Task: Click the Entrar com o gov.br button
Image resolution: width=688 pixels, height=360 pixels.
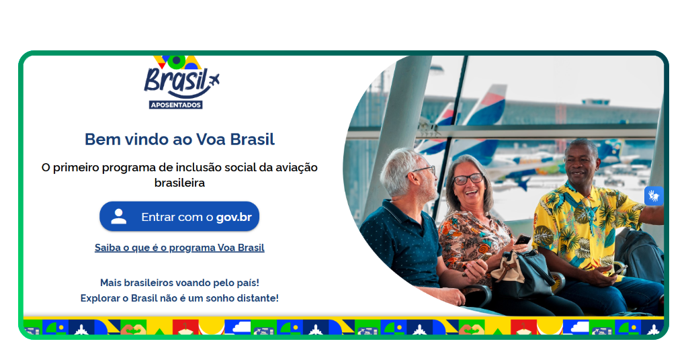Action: click(179, 217)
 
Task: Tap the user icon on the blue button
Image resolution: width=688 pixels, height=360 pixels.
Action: click(119, 216)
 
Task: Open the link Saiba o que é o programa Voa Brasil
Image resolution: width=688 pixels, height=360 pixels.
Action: click(179, 248)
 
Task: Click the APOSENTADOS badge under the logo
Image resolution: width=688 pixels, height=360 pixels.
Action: click(175, 105)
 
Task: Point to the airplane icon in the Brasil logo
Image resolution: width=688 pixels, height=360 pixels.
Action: click(214, 81)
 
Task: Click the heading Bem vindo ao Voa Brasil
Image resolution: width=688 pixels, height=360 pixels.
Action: click(179, 140)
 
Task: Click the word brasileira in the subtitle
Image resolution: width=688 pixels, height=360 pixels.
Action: click(179, 182)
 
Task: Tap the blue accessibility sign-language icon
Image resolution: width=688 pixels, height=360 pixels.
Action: click(654, 195)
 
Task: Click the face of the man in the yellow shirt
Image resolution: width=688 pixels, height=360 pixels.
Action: click(580, 163)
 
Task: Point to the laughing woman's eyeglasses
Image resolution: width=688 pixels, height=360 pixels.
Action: click(468, 179)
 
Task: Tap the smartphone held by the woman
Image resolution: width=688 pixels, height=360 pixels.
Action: click(522, 240)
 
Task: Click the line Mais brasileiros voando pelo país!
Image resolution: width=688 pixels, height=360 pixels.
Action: click(179, 283)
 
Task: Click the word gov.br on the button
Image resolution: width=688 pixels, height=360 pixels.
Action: click(234, 218)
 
